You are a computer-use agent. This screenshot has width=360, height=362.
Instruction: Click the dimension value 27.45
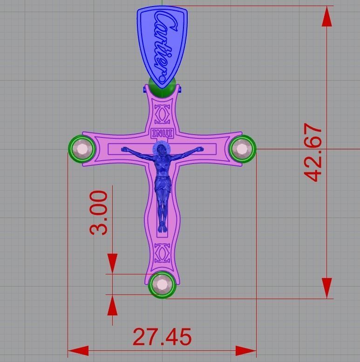(162, 337)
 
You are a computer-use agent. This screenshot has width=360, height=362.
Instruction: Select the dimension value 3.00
(100, 212)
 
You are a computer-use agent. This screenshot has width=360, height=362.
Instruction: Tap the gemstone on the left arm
(83, 149)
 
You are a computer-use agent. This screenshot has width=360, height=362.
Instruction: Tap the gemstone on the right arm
(242, 149)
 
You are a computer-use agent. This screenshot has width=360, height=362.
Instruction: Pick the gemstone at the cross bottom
(162, 284)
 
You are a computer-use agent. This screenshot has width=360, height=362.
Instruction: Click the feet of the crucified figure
(162, 228)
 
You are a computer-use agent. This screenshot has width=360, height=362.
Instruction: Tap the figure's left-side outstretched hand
(124, 150)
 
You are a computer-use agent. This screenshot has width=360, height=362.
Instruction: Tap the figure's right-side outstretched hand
(200, 149)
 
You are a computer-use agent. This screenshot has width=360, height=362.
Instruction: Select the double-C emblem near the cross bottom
(162, 253)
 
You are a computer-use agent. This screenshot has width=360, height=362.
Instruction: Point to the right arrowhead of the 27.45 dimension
(246, 351)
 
